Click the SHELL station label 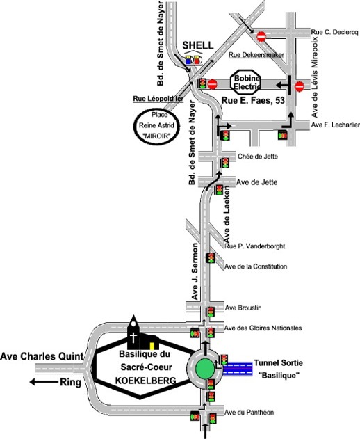tap(198, 45)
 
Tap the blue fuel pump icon tap(188, 61)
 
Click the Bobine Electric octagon tap(246, 82)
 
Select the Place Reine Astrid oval tap(156, 125)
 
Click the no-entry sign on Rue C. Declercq tap(261, 36)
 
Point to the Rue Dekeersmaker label tap(256, 55)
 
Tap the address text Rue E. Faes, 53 tap(253, 100)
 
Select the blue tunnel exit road tap(238, 369)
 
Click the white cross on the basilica tap(134, 337)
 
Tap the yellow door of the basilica tap(152, 346)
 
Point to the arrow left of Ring tap(44, 382)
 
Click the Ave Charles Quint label tap(42, 356)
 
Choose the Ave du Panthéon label tap(249, 413)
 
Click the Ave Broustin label tap(243, 308)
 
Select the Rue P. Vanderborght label tap(255, 246)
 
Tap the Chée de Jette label tap(258, 157)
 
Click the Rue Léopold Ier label tap(158, 99)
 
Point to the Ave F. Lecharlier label tap(336, 125)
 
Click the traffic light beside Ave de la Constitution tap(211, 258)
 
